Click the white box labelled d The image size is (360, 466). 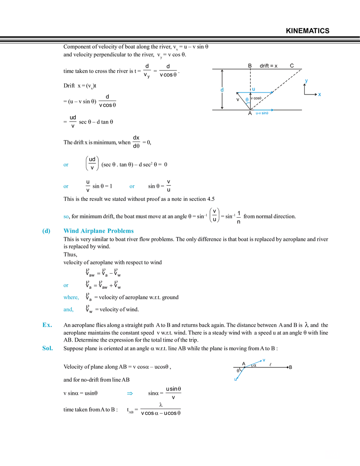tap(221, 90)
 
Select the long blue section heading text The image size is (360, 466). tap(99, 232)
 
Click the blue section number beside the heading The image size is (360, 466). tap(46, 232)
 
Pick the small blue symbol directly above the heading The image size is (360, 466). tap(65, 216)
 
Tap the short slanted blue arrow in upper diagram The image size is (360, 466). tap(246, 100)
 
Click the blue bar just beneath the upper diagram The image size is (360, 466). tap(262, 111)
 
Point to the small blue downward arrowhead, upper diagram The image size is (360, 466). tap(306, 81)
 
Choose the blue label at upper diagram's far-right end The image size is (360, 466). tap(320, 95)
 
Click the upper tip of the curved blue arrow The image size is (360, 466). tap(265, 359)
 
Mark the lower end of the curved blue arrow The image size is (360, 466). tap(235, 380)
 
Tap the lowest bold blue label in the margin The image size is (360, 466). tap(47, 349)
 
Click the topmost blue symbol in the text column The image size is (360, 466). tap(65, 165)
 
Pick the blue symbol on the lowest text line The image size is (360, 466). tap(130, 393)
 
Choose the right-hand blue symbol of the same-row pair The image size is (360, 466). tap(132, 187)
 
